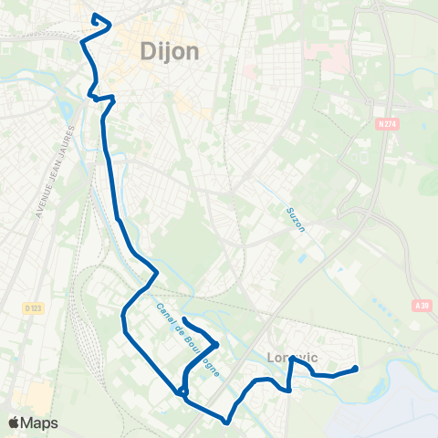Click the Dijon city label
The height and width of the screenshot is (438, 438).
(x=171, y=52)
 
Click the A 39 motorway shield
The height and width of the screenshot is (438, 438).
(x=421, y=307)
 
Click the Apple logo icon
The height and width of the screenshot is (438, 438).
(x=14, y=422)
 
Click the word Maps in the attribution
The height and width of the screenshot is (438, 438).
(x=39, y=422)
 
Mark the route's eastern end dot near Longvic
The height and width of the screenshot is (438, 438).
(x=354, y=369)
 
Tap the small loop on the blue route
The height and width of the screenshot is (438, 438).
(x=184, y=392)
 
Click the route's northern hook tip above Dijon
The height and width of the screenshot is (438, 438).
(x=95, y=15)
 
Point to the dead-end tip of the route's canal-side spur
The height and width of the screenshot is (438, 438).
(x=184, y=318)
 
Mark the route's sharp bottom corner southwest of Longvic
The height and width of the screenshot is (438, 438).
(x=226, y=422)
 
